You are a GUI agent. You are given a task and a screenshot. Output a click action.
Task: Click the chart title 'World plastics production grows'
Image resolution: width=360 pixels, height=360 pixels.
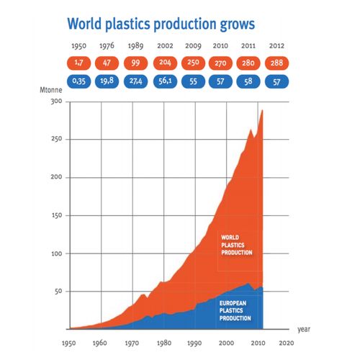(161, 24)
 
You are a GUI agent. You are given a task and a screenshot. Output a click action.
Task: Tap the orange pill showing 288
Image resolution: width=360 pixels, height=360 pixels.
(276, 63)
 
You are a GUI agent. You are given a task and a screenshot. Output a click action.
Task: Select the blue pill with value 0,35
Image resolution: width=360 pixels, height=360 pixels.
(78, 81)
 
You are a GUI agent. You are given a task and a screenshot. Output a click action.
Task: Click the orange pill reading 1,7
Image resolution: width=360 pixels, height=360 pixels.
(78, 63)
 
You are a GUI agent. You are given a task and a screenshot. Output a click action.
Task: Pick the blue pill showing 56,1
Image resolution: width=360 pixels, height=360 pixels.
(165, 81)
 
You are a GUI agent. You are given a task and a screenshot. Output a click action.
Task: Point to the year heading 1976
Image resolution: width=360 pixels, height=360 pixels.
(107, 45)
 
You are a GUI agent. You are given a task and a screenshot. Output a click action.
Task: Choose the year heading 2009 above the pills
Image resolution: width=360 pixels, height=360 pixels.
(193, 45)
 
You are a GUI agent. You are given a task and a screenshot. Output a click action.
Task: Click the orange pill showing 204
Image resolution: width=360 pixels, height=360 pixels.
(165, 63)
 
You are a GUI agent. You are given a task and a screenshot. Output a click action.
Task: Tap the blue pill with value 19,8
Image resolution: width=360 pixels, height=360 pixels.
(107, 81)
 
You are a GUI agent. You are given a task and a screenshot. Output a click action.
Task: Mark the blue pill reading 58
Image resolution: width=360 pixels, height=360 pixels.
(248, 81)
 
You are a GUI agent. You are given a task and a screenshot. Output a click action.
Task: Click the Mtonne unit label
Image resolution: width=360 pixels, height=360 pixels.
(51, 90)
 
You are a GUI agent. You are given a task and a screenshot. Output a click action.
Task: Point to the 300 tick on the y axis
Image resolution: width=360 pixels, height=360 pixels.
(56, 102)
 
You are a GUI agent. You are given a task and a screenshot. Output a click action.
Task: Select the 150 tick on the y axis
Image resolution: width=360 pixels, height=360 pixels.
(57, 215)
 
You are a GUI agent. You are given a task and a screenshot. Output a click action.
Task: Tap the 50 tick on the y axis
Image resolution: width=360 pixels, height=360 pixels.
(58, 292)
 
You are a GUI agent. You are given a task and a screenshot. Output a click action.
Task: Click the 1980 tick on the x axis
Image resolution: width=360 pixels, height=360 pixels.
(164, 343)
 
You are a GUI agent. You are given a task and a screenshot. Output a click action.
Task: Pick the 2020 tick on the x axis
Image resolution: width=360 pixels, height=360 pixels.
(287, 343)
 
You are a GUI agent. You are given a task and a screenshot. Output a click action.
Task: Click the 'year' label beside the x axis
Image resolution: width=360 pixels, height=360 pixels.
(304, 329)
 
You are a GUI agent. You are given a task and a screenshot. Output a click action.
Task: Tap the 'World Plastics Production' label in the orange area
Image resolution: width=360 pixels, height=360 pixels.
(237, 245)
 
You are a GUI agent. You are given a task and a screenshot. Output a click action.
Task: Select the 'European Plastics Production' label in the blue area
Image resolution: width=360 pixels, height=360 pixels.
(235, 310)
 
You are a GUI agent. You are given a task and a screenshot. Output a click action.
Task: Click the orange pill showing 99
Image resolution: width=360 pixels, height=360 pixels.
(135, 63)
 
